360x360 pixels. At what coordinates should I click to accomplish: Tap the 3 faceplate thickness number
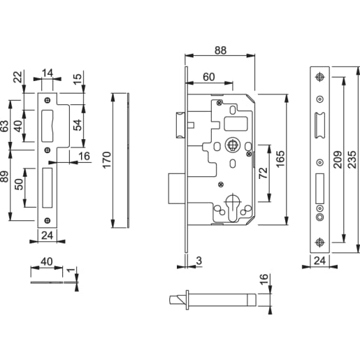pos(199,261)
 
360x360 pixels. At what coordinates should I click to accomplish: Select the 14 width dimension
pos(48,73)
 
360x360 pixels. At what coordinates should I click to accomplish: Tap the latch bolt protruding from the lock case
pos(180,126)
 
